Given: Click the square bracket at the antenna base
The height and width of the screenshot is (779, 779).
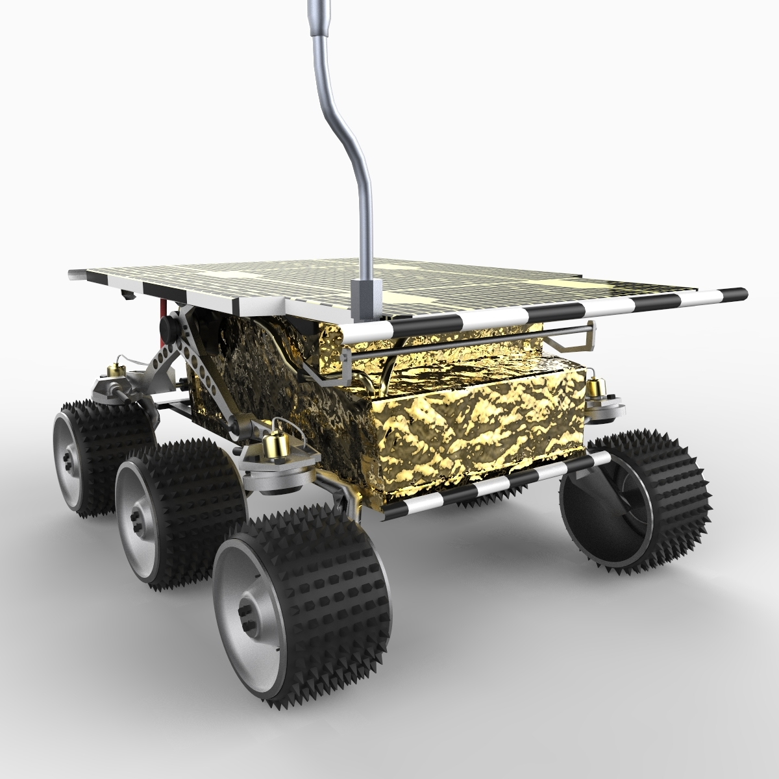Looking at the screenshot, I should coord(363,299).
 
